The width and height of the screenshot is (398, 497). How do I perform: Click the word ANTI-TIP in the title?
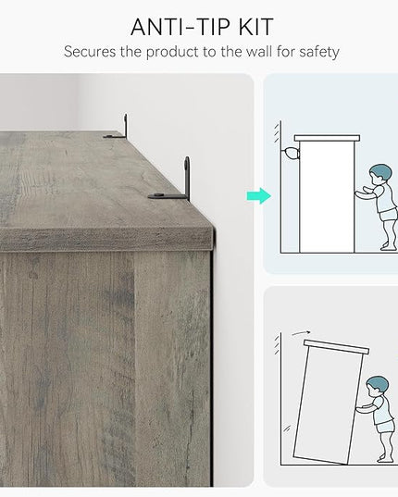point(180,27)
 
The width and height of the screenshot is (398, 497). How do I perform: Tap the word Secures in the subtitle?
point(90,51)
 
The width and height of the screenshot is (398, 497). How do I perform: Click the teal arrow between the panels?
point(259,196)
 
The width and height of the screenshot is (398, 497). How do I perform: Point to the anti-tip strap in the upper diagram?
point(291,154)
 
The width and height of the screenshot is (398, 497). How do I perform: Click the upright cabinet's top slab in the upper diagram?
point(327,138)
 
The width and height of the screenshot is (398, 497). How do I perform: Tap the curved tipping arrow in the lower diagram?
point(301,333)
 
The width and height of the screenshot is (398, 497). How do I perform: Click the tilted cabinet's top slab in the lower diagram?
point(336,347)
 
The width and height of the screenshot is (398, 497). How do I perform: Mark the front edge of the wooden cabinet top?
point(106,240)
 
